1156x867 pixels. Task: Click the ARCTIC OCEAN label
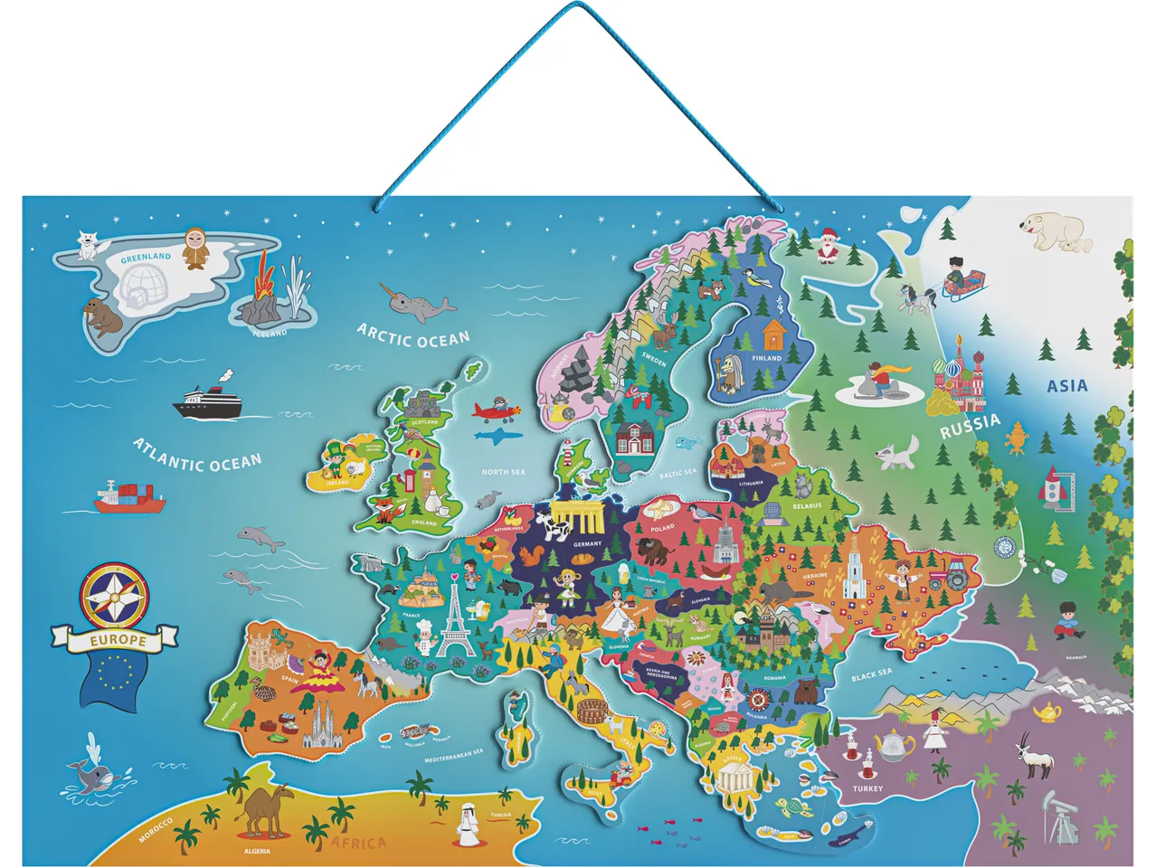point(413,336)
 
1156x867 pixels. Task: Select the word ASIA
point(1066,386)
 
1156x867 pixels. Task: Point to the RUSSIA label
point(970,426)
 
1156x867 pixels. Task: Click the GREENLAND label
point(146,257)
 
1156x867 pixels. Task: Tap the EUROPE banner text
point(118,641)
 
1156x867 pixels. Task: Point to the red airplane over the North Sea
point(496,410)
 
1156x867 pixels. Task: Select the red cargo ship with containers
point(129,496)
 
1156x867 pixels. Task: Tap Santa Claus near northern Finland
point(826,245)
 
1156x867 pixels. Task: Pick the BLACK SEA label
point(871,675)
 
